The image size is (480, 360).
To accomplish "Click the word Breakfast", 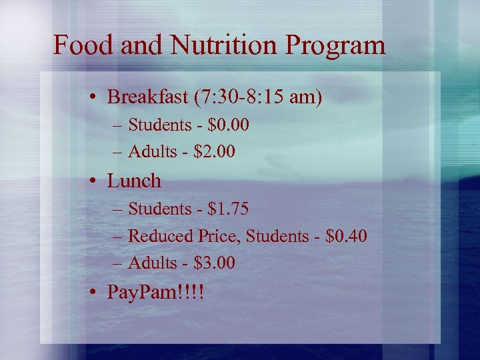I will click(148, 97).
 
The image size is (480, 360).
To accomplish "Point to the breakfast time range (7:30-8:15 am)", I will click(258, 97).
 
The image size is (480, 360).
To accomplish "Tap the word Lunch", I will click(134, 181).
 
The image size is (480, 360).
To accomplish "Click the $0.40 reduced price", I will click(346, 236).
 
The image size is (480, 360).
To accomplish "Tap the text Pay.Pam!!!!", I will click(155, 292).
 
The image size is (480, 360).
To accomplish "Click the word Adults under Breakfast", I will click(150, 152).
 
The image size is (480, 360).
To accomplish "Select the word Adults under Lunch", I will click(150, 263).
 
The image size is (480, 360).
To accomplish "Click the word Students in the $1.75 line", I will click(159, 209).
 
